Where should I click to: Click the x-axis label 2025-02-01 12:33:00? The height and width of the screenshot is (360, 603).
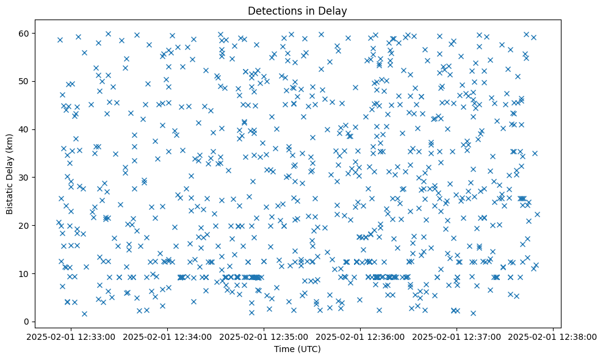[71, 336]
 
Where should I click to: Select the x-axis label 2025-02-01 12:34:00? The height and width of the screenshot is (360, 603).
[167, 336]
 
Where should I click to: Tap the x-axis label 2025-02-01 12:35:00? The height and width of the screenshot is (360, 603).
[264, 336]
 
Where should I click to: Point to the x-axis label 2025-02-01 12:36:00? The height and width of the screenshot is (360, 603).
[360, 336]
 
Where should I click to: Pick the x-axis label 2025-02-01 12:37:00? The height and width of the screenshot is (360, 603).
[457, 336]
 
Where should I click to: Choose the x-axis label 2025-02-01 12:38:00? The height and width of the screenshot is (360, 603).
[553, 336]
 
